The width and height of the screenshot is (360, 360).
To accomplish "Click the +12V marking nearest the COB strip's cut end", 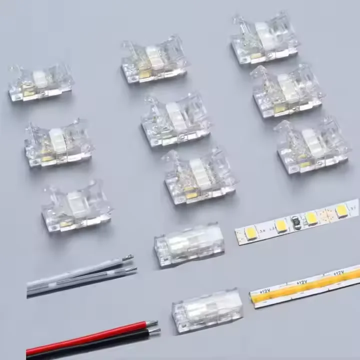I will (x=262, y=290).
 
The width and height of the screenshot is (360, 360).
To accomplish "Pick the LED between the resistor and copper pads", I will (x=311, y=218).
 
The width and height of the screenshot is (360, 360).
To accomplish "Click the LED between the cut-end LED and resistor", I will (x=281, y=225).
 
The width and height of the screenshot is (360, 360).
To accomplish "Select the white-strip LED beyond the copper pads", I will (x=342, y=210).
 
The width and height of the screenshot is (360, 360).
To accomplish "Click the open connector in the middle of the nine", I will (x=175, y=120).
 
